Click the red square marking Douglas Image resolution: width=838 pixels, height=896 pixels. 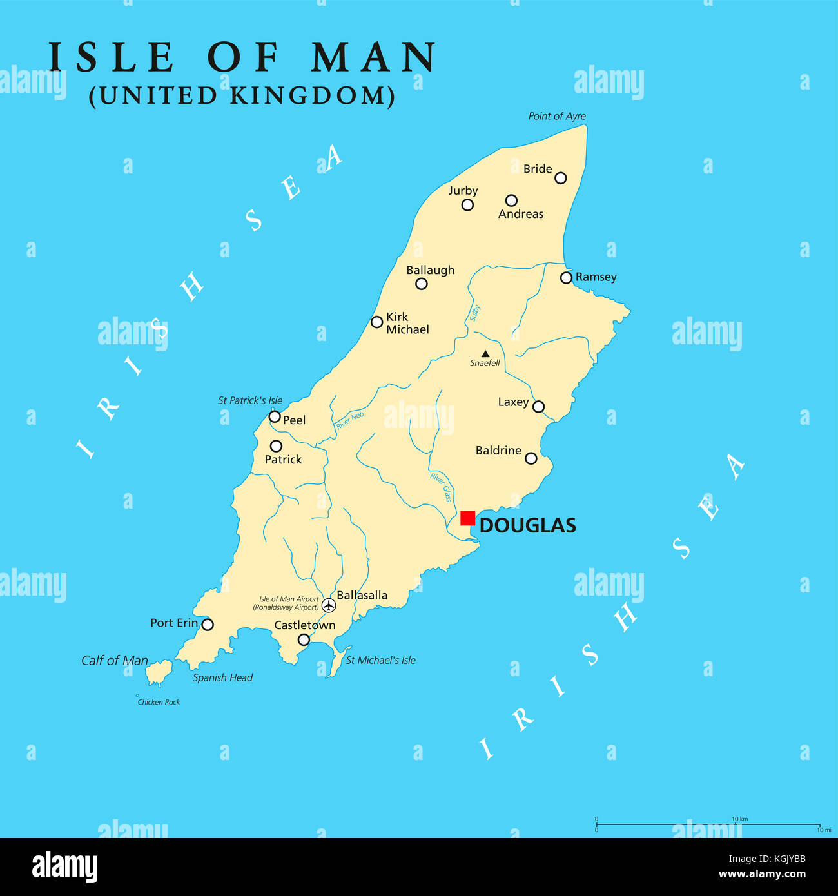[467, 518]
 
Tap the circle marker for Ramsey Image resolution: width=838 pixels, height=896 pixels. [566, 278]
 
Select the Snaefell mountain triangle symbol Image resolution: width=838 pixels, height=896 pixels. [485, 354]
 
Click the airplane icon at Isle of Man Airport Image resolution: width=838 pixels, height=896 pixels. [329, 605]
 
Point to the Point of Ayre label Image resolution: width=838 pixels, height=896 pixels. [557, 116]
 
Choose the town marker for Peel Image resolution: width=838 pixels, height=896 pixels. [275, 417]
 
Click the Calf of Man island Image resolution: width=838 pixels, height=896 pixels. [157, 673]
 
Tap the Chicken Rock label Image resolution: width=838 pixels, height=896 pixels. [159, 702]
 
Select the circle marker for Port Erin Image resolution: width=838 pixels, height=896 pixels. [208, 625]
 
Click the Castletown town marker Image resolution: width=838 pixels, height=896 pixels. [304, 639]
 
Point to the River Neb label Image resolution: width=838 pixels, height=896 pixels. [349, 421]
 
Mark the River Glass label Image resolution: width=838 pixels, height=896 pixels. [441, 488]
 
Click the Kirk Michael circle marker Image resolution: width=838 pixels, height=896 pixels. [377, 322]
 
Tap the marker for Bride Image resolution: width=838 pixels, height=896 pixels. [561, 178]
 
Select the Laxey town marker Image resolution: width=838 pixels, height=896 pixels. [538, 407]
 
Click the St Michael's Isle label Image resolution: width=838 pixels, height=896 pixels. [380, 660]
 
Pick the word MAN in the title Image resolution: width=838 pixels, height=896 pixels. [374, 57]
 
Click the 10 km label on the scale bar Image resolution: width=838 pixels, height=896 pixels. [739, 819]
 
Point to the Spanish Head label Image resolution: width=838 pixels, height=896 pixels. [222, 677]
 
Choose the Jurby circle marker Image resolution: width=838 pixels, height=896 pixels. [467, 205]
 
